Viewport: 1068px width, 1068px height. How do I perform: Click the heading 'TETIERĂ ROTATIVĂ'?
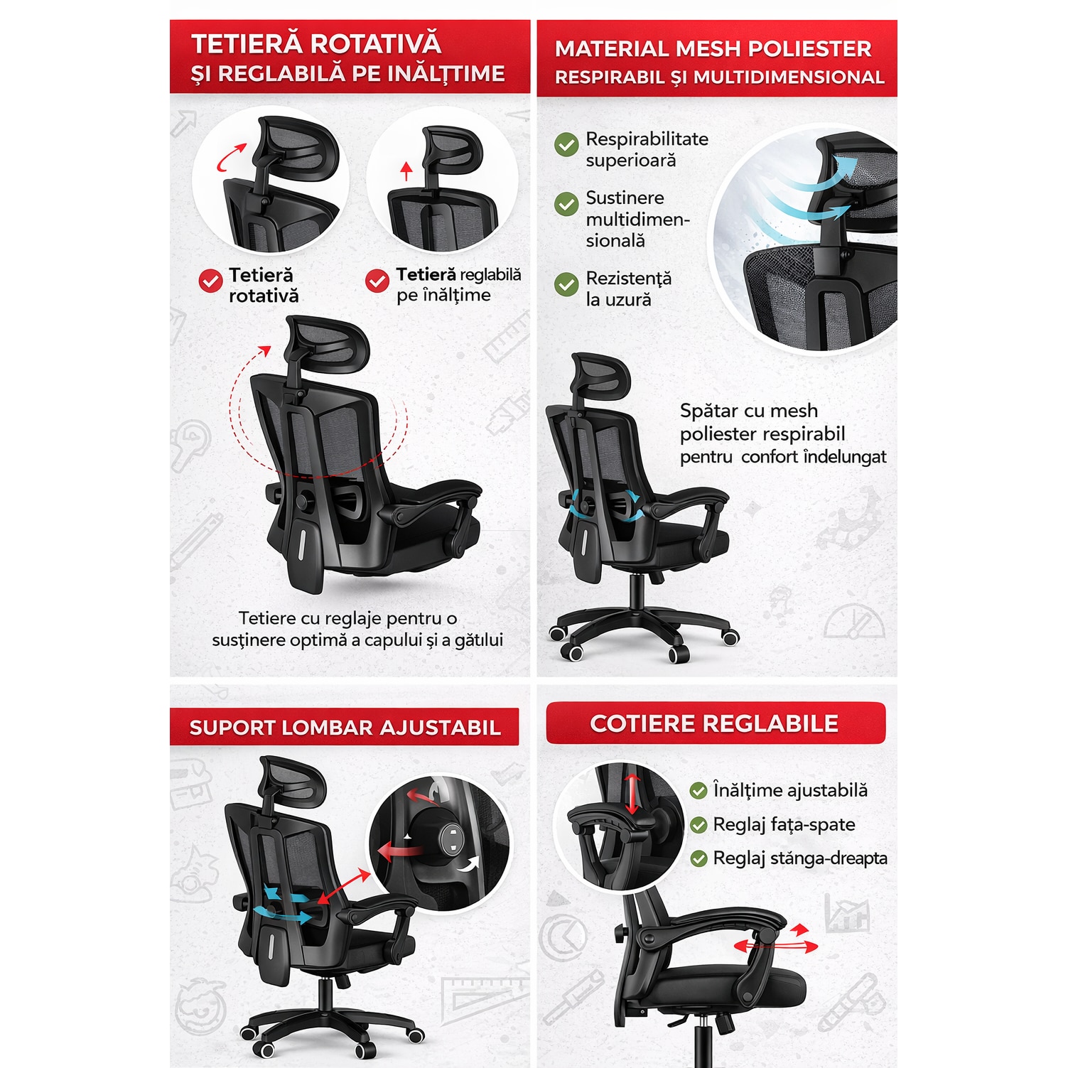coord(316,44)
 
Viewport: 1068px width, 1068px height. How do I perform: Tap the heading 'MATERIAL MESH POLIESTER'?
coord(713,48)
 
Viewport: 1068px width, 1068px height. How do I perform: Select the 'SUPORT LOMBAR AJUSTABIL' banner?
coord(345,727)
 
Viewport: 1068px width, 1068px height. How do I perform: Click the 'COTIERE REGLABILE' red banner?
coord(716,723)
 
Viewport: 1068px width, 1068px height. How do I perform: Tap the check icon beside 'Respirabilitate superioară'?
coord(566,144)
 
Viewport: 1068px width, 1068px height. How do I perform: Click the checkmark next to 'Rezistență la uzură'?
coord(566,284)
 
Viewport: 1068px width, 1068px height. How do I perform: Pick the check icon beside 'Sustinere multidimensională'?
coord(566,204)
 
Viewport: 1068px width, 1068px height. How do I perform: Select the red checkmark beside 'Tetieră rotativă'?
coord(210,281)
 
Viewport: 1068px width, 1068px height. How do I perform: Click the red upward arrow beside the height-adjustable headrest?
coord(406,171)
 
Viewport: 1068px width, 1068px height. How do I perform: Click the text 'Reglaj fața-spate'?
coord(784,824)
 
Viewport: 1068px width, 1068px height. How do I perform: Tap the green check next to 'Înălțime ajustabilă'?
coord(698,790)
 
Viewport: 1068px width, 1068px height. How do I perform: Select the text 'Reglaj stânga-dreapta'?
coord(800,858)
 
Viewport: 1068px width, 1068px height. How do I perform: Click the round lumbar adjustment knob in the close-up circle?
coord(448,838)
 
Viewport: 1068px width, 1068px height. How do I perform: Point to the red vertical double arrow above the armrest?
coord(632,794)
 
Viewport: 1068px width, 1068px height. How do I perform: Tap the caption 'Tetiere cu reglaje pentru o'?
coord(348,617)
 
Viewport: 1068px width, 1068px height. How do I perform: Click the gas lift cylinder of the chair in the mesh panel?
coord(637,590)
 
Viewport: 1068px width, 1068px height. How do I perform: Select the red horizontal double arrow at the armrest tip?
coord(776,946)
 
